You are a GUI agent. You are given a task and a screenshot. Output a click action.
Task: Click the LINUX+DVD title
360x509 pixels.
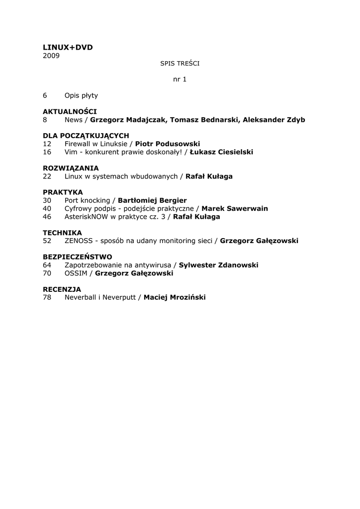(x=68, y=47)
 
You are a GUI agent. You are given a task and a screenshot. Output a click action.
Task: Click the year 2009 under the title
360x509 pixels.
(x=51, y=56)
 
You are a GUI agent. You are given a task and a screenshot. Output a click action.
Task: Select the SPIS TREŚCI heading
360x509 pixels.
(x=180, y=63)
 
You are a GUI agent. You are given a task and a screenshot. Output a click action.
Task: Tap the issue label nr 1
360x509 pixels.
(x=180, y=79)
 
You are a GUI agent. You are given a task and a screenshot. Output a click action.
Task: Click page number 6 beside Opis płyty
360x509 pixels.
(x=45, y=95)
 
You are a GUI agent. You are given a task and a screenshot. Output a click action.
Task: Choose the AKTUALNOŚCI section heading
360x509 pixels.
(x=70, y=111)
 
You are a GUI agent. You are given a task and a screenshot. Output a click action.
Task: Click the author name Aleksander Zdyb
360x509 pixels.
(x=274, y=120)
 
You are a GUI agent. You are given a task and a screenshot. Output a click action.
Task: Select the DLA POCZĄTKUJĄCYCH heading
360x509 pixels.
(x=86, y=136)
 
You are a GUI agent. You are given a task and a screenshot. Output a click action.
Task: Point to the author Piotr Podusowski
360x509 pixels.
(x=168, y=144)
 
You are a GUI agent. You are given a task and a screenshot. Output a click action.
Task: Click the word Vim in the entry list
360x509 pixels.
(x=71, y=152)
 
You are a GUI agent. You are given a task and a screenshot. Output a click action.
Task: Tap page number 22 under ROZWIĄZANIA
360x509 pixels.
(x=47, y=176)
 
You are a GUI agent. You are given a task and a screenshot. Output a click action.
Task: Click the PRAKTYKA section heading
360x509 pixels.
(x=63, y=192)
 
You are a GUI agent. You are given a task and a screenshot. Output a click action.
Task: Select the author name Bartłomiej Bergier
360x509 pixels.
(x=152, y=200)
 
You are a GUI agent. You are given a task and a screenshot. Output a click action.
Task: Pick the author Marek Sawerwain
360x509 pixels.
(x=235, y=208)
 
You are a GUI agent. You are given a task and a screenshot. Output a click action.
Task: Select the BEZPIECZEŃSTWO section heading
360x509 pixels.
(x=78, y=257)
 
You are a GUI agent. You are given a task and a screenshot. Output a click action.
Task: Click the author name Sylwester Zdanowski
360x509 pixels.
(x=218, y=265)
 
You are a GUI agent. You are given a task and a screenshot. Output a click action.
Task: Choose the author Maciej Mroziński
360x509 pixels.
(x=175, y=297)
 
